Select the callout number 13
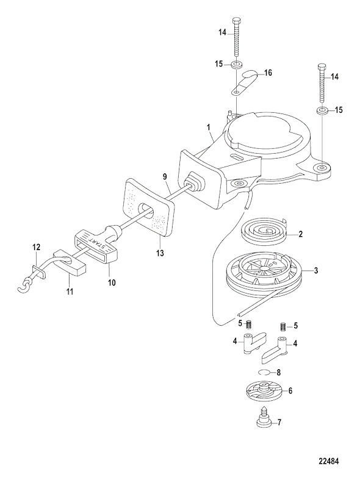[160, 253]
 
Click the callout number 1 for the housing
[209, 127]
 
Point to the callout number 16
[268, 73]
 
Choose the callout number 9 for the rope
[165, 177]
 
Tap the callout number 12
[36, 248]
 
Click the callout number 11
[70, 290]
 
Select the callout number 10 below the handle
[112, 282]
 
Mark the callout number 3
[315, 270]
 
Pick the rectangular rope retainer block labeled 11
[70, 263]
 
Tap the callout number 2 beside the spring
[300, 234]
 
